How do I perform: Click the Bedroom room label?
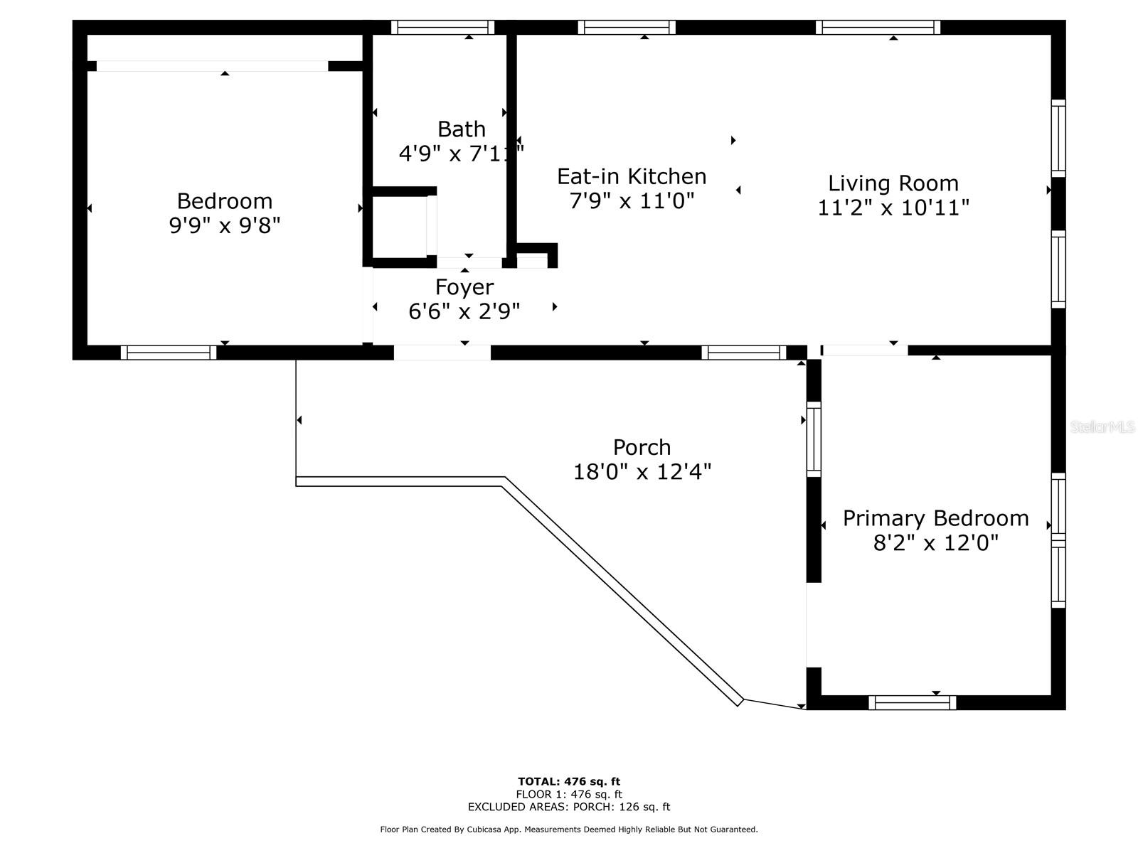click(225, 201)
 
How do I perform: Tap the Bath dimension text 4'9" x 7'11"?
click(462, 154)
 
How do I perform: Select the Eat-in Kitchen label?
click(632, 176)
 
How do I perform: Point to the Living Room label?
click(893, 183)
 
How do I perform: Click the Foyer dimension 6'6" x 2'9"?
click(464, 311)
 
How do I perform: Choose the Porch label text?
click(642, 448)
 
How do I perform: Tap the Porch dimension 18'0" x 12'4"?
click(642, 472)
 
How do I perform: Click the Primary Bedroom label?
click(935, 518)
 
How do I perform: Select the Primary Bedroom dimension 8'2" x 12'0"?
click(935, 543)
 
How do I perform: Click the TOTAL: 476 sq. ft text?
click(569, 781)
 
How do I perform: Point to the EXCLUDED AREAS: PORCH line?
click(569, 807)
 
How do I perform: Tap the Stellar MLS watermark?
click(1102, 426)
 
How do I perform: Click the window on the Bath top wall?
click(442, 28)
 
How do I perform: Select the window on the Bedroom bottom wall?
click(169, 353)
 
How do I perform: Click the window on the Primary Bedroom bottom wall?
click(912, 702)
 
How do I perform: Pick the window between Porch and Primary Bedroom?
click(814, 439)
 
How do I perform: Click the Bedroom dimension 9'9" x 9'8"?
click(225, 226)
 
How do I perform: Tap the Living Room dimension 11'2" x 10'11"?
click(893, 208)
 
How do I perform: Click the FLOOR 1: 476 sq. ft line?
click(569, 795)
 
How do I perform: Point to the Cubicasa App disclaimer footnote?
click(569, 829)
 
